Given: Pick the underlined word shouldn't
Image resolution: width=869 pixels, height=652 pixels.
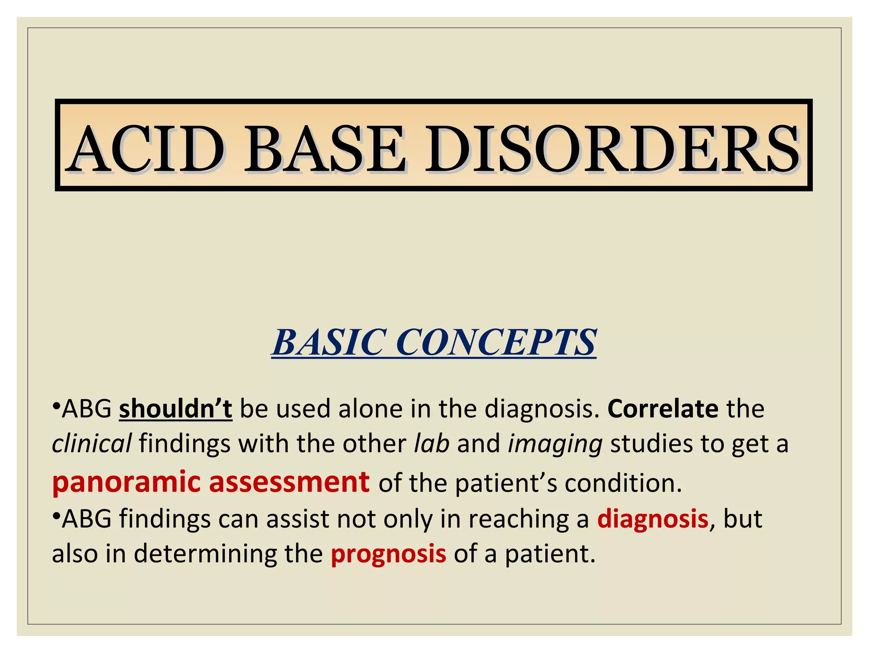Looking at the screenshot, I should [x=175, y=409].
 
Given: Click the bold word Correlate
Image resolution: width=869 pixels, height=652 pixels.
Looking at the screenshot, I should [x=663, y=409].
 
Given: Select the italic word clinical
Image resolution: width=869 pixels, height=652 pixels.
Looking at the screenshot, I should [x=91, y=444].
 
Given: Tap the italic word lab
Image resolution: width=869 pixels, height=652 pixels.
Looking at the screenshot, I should [x=432, y=444].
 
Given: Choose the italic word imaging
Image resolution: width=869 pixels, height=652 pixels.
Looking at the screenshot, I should [x=555, y=444].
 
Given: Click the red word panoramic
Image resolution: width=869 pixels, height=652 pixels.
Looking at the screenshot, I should [x=126, y=483].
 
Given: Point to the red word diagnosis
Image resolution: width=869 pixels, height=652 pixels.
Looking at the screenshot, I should [x=653, y=519].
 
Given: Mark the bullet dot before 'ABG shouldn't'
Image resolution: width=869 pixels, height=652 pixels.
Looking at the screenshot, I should [x=56, y=405].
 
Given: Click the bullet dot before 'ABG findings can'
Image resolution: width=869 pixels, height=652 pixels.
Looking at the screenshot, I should [x=56, y=515].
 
